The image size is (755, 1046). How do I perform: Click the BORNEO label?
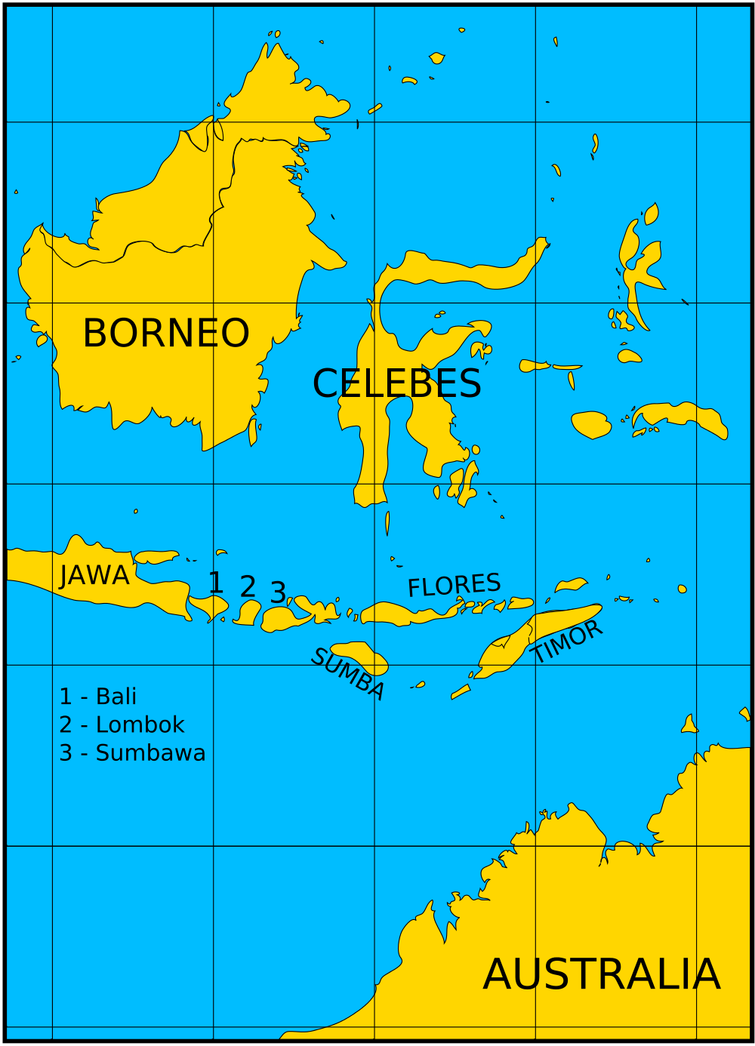pos(166,334)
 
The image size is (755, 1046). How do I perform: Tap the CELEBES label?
pos(396,384)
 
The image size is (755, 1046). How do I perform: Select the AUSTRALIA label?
pos(602,975)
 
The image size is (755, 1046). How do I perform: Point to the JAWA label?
pos(94,576)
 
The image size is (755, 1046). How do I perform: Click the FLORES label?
pos(454,586)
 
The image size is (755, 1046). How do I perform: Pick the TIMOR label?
pos(566,642)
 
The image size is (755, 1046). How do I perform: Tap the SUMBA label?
pos(348,674)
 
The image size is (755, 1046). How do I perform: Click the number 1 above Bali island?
pos(215,583)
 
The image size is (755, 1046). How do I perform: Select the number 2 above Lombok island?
pos(248,587)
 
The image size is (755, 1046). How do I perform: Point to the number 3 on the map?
pos(278,593)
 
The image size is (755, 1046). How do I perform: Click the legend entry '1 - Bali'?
pos(98,697)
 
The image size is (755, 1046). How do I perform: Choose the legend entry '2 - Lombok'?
pos(122,725)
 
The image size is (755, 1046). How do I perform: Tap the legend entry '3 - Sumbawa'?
pos(132,753)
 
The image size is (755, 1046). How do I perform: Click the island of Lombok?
pos(247,614)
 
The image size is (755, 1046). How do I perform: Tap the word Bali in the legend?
pos(116,697)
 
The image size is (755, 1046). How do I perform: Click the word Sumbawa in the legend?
pos(150,753)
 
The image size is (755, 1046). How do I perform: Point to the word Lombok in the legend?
pos(140,725)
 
